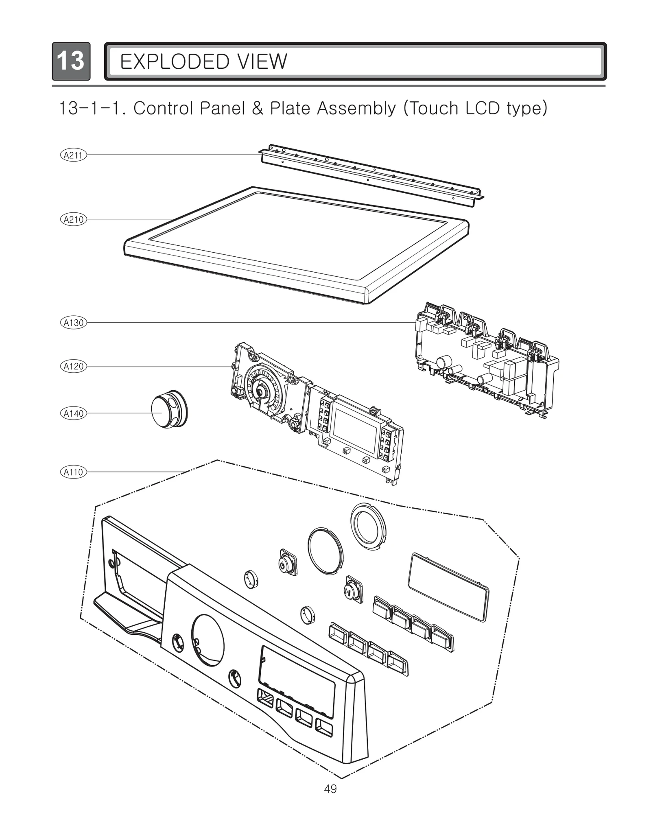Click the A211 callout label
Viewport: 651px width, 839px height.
73,155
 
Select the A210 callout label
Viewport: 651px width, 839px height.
73,220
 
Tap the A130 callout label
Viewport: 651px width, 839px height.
73,323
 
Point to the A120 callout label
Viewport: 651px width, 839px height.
73,366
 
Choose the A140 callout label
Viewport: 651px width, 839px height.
73,413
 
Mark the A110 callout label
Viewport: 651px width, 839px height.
73,472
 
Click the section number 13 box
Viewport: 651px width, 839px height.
71,61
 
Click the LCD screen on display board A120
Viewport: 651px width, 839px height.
356,430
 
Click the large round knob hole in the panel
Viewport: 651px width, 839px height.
208,640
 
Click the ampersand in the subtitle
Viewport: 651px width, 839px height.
257,108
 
